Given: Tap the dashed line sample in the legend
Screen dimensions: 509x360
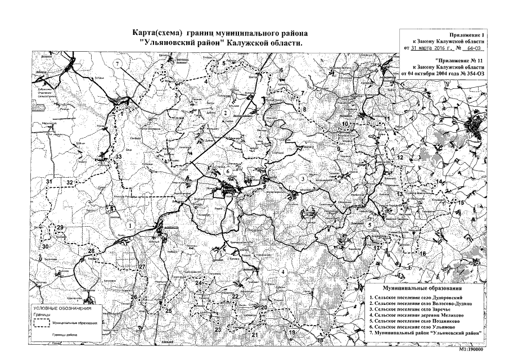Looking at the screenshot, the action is [40, 323].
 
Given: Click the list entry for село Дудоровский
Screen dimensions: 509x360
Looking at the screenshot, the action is [416, 296].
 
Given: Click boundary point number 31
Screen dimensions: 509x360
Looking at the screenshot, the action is [49, 182].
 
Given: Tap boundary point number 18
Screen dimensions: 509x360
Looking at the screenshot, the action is [320, 341].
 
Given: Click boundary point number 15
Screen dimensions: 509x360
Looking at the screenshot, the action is [461, 202].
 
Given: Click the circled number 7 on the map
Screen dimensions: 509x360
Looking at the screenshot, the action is [117, 64].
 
